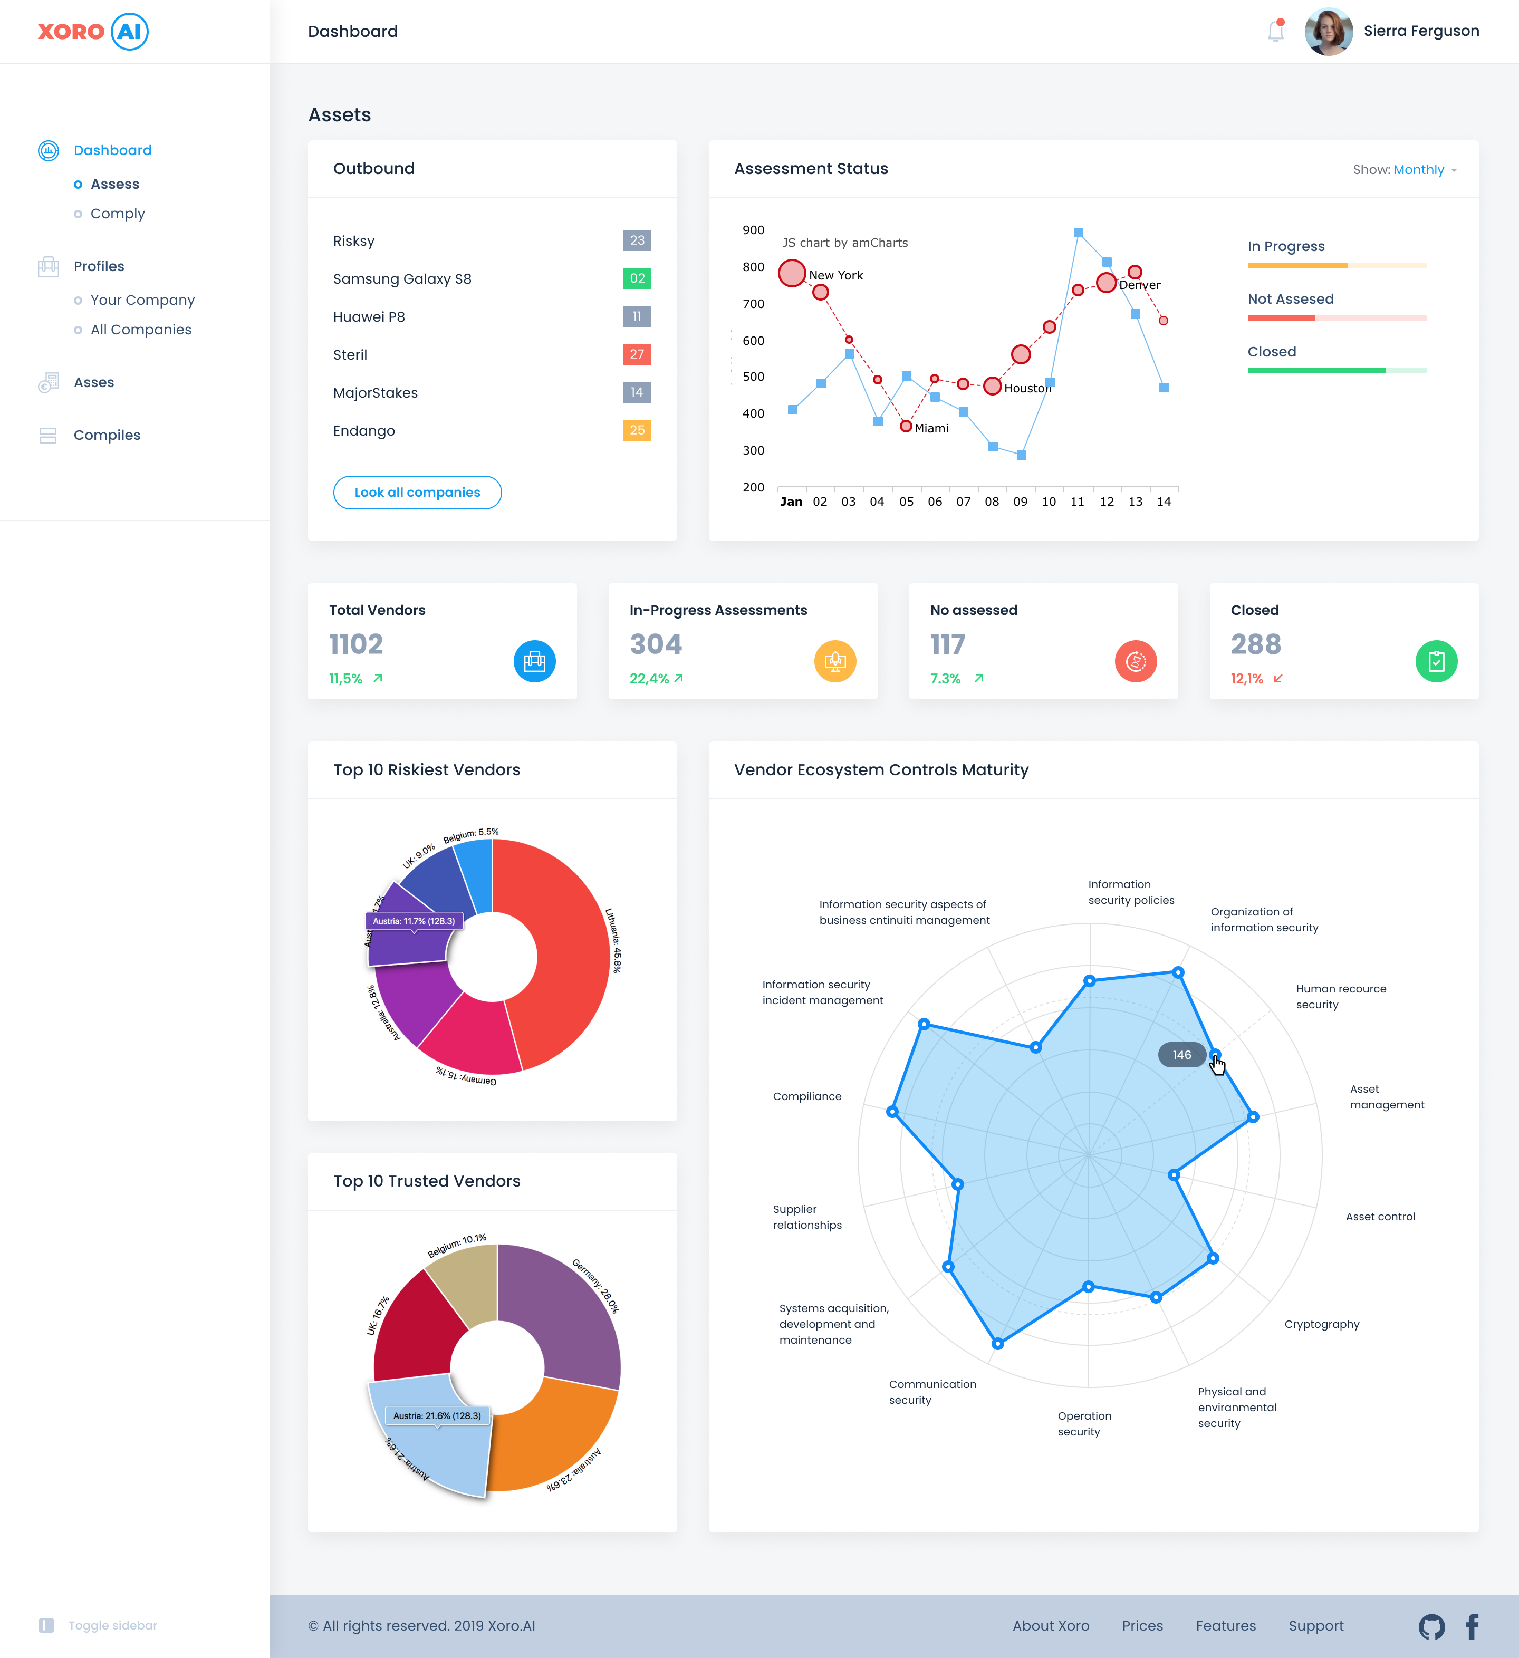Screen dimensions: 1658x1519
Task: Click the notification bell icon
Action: click(1275, 31)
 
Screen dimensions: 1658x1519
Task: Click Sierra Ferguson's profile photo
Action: click(1328, 31)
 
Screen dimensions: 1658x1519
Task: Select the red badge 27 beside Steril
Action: click(637, 354)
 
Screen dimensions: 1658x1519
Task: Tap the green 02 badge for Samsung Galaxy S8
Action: click(637, 279)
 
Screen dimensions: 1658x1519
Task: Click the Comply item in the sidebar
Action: click(118, 214)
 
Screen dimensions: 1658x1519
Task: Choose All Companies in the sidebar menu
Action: click(141, 330)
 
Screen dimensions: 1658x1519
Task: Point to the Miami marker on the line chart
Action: click(906, 426)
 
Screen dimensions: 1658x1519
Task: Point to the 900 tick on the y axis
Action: click(753, 230)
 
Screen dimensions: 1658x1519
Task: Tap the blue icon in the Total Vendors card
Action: click(535, 661)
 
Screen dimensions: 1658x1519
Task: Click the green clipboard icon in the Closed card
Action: click(1436, 661)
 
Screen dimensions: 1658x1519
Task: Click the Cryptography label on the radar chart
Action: click(1322, 1324)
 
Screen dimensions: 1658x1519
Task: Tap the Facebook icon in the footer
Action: click(1472, 1626)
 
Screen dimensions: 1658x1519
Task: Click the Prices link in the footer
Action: click(1142, 1626)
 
